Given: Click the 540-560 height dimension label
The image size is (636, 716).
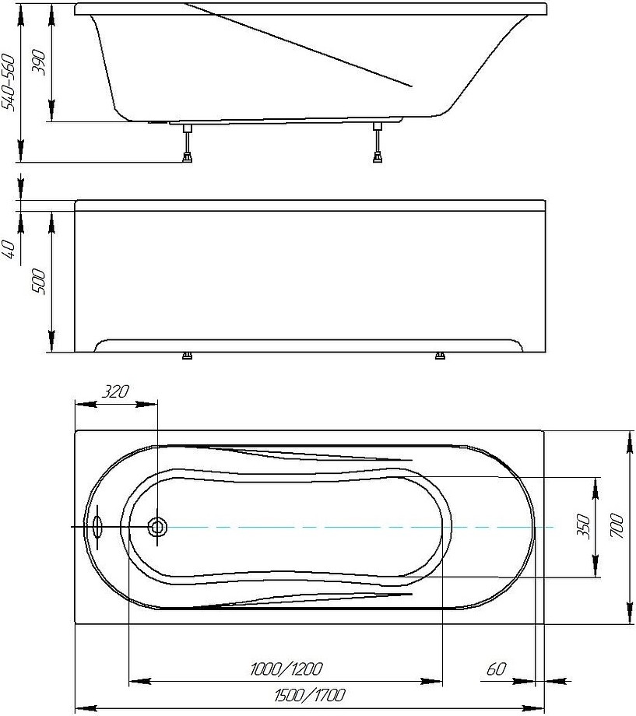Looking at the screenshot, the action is (9, 82).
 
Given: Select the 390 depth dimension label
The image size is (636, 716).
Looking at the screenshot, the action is (38, 62).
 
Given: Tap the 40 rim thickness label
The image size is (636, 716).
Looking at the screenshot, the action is (10, 249).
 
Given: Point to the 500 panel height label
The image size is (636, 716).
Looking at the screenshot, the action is (38, 281).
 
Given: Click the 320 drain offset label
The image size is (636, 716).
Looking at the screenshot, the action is (115, 391).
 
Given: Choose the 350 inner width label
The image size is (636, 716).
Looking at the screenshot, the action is (584, 526).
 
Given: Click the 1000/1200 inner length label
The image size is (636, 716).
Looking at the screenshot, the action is (286, 669).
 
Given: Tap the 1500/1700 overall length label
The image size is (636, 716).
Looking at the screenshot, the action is (310, 696).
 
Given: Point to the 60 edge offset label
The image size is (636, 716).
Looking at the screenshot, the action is (496, 669).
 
